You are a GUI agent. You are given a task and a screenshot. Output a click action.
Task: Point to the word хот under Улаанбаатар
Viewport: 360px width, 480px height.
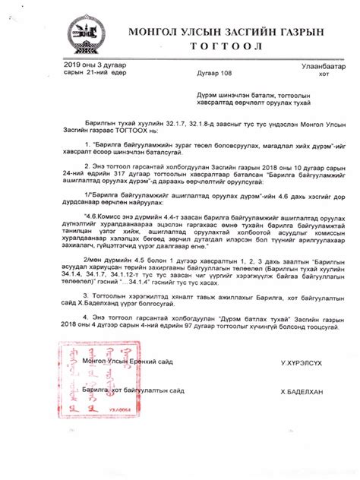pos(325,75)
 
